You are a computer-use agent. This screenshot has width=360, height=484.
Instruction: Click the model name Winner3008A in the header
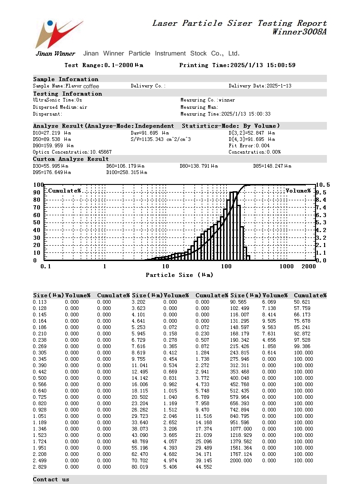299,32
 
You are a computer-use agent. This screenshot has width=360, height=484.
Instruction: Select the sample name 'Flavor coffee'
82,86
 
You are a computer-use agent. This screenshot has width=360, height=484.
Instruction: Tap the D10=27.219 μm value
52,133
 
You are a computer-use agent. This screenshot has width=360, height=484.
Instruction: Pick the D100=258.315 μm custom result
126,173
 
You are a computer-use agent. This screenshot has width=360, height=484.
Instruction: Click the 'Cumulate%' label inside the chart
64,191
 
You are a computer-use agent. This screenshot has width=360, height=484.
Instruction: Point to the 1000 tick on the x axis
287,266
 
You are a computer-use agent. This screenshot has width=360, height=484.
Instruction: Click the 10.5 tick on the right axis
323,185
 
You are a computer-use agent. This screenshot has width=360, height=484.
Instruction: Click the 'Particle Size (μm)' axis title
179,275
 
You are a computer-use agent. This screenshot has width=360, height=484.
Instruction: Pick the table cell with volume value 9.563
269,327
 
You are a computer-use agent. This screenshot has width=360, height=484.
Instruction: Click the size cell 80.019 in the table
140,467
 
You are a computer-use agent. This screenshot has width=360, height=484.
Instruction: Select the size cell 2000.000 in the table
241,460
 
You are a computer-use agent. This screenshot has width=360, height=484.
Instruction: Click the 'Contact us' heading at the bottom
51,479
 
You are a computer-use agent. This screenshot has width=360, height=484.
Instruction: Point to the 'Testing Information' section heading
68,94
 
